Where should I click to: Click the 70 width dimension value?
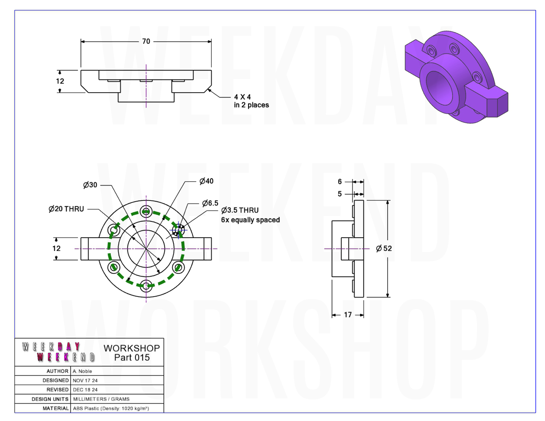146,41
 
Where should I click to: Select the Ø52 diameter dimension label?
384,248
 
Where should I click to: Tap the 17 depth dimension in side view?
348,315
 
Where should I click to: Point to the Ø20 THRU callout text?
66,209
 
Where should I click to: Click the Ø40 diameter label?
207,181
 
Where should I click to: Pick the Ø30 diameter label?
90,185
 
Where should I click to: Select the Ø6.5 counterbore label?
210,203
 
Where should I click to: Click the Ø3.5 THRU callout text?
240,210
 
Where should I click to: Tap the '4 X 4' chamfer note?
242,97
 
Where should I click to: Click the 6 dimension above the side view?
340,181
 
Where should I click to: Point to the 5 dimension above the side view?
340,194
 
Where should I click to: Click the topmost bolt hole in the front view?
146,211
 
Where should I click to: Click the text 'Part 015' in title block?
132,357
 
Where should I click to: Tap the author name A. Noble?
82,371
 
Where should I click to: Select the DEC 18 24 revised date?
85,390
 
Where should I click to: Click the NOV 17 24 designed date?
85,380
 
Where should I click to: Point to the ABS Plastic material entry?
111,409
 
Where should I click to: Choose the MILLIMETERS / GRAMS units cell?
101,399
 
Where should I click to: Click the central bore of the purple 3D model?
439,88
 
